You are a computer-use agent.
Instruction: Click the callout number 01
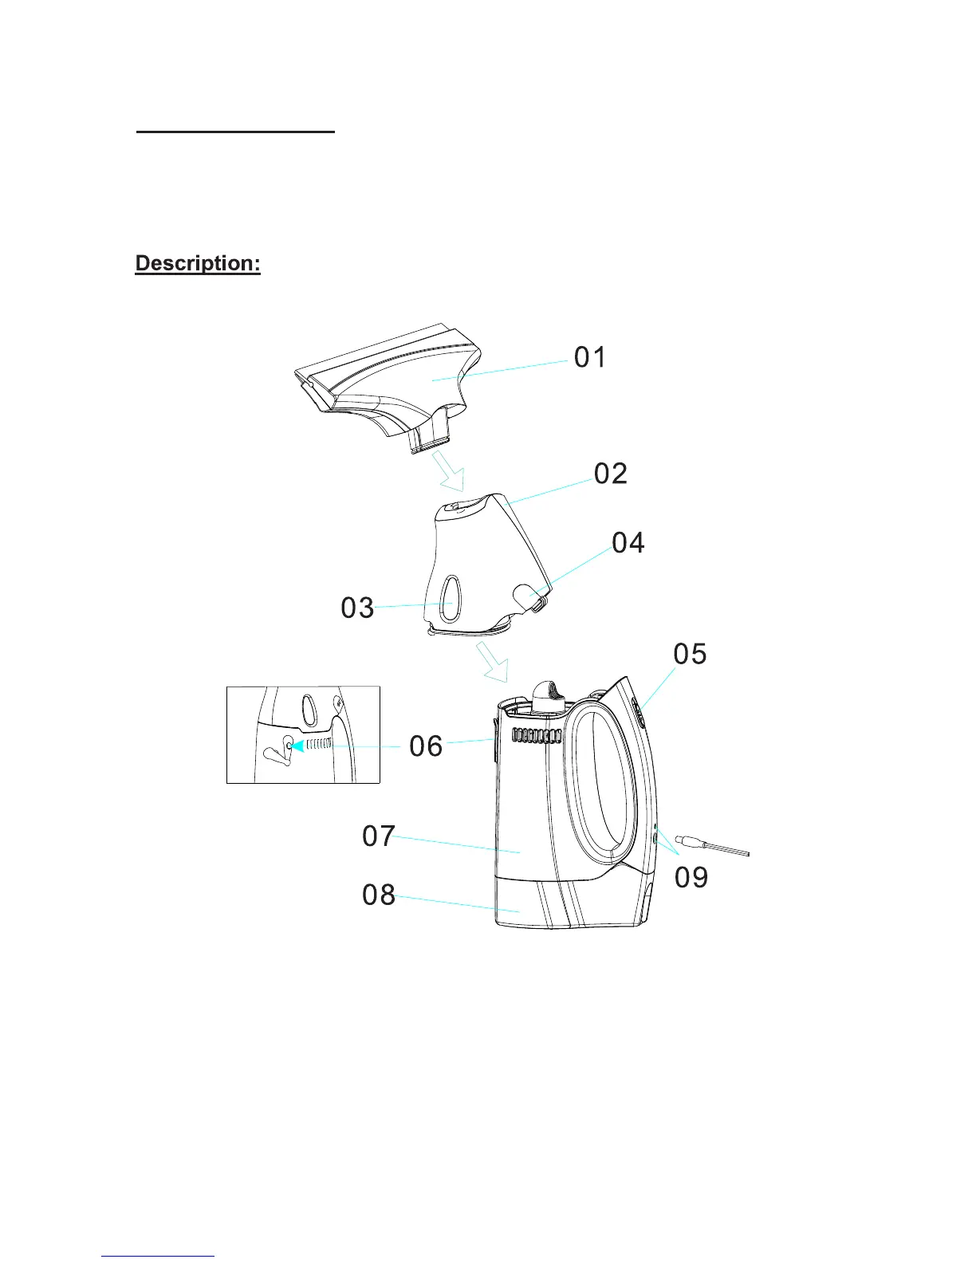590,357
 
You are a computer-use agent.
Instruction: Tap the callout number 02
611,474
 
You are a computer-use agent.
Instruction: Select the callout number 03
357,608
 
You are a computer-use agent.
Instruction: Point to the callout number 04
628,543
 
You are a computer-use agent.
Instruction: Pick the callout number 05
690,654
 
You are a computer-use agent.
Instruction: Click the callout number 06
426,746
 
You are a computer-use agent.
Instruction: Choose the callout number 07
379,836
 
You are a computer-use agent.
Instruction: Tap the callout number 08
379,895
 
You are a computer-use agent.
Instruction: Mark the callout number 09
691,877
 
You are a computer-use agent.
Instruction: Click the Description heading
198,264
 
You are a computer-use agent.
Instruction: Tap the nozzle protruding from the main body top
547,695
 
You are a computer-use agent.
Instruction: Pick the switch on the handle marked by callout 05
641,711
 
